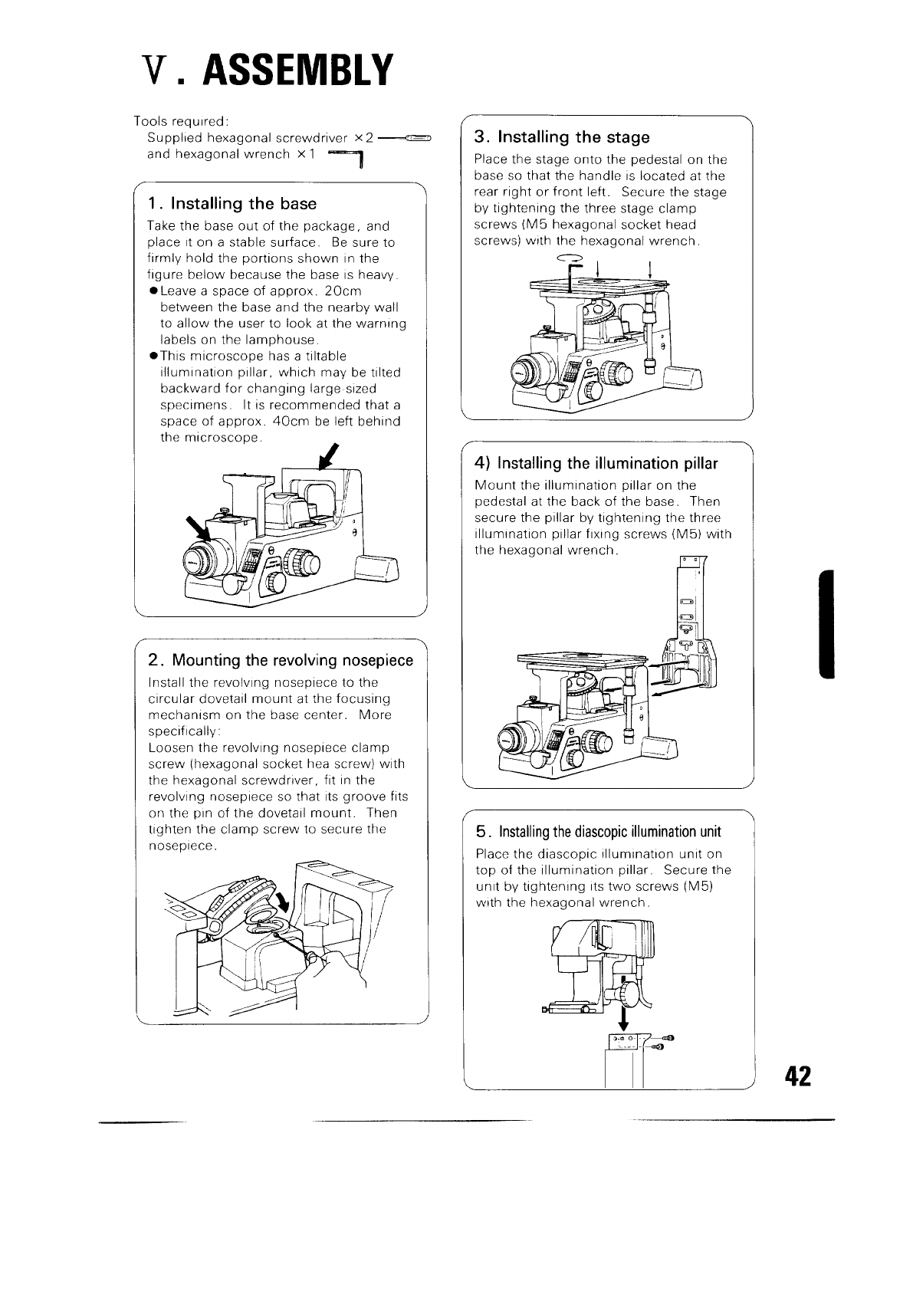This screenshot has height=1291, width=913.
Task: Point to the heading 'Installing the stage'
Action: [x=572, y=137]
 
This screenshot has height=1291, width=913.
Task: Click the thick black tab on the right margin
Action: [x=826, y=624]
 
